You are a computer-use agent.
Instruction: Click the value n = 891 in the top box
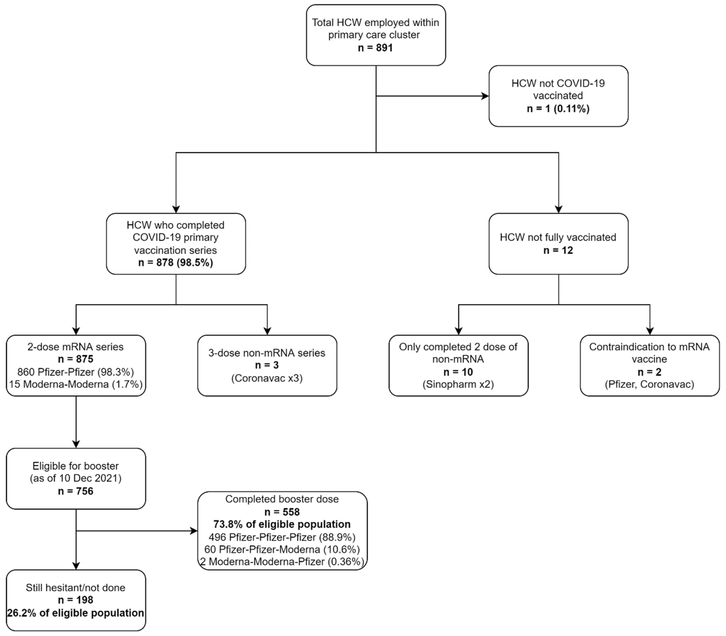pyautogui.click(x=375, y=48)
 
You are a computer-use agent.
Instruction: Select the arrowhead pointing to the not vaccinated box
pyautogui.click(x=485, y=96)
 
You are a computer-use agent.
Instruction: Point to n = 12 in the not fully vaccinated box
pyautogui.click(x=558, y=250)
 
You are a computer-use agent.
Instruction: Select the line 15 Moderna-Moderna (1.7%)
pyautogui.click(x=76, y=384)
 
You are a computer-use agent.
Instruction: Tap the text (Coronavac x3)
pyautogui.click(x=267, y=378)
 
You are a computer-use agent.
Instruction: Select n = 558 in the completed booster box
pyautogui.click(x=282, y=512)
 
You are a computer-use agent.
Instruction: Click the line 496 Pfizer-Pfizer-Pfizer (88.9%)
pyautogui.click(x=282, y=537)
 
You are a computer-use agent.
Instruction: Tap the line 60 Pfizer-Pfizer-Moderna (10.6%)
pyautogui.click(x=282, y=549)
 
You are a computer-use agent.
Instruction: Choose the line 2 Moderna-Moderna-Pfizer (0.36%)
pyautogui.click(x=282, y=561)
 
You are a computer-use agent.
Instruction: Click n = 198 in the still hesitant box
pyautogui.click(x=76, y=600)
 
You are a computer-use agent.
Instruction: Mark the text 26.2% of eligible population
pyautogui.click(x=76, y=613)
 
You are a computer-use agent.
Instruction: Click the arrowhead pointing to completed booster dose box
pyautogui.click(x=194, y=531)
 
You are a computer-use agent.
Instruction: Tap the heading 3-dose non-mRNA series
pyautogui.click(x=267, y=353)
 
